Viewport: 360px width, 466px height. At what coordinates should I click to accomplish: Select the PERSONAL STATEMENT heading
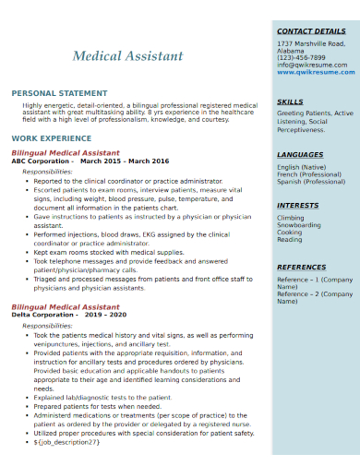(x=59, y=93)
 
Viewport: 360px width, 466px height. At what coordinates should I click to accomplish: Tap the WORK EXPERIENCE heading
(x=51, y=137)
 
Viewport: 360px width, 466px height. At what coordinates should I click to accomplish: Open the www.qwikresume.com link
(x=316, y=72)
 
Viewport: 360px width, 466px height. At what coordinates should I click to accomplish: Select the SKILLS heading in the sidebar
(x=290, y=102)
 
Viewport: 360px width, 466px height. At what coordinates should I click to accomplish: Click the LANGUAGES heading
(x=300, y=154)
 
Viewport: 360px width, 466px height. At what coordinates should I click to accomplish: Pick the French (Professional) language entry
(x=310, y=174)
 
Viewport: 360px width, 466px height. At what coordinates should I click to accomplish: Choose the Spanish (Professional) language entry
(x=311, y=182)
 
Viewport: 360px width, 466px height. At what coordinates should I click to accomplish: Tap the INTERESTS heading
(x=298, y=205)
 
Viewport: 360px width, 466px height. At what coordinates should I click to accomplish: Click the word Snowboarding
(x=299, y=225)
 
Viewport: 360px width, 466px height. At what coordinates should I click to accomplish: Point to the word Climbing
(x=291, y=218)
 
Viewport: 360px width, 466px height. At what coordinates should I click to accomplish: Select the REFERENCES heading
(x=302, y=268)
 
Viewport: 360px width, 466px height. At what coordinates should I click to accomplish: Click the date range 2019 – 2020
(x=105, y=314)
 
